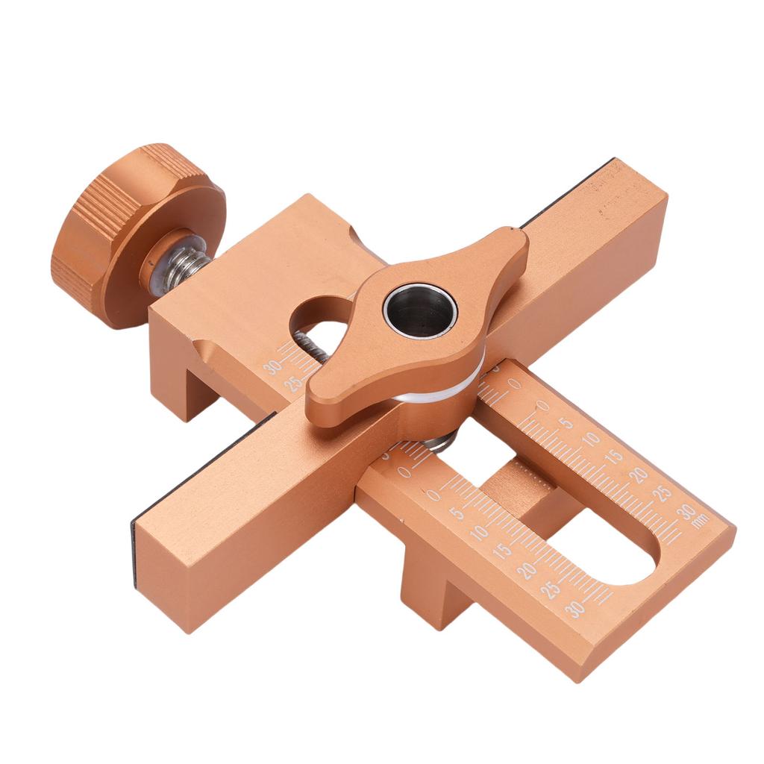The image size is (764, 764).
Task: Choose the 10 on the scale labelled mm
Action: (x=591, y=439)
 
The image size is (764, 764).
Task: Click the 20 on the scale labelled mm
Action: (x=637, y=475)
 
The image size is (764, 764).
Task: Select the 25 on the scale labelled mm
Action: (x=661, y=492)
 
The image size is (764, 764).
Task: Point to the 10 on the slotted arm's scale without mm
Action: (x=479, y=531)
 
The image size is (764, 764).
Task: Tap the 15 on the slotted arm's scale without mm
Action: (x=502, y=551)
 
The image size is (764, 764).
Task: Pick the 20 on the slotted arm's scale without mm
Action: (x=526, y=570)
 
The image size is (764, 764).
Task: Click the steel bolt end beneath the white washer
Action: (x=440, y=443)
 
